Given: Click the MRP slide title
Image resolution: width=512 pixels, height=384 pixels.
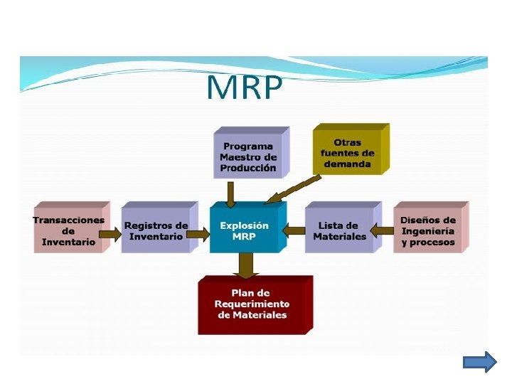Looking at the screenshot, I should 244,89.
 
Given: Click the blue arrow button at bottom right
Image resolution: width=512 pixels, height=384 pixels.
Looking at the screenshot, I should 479,362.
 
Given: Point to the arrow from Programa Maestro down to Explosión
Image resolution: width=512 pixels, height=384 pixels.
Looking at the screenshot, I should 230,193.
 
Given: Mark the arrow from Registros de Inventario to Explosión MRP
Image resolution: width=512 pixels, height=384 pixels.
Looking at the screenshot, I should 200,233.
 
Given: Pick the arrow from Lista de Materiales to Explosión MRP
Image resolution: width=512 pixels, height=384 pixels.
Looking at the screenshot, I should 294,230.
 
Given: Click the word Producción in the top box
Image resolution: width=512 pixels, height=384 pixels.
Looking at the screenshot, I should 248,169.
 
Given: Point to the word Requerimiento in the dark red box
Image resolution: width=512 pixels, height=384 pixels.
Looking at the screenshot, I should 252,304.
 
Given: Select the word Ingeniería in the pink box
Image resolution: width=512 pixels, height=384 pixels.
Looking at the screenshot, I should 427,231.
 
